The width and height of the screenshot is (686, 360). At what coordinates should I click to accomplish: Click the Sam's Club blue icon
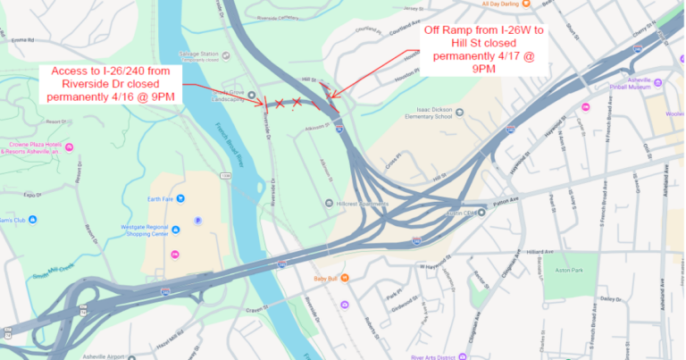click(33, 219)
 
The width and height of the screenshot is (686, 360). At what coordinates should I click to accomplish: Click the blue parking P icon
click(198, 221)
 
